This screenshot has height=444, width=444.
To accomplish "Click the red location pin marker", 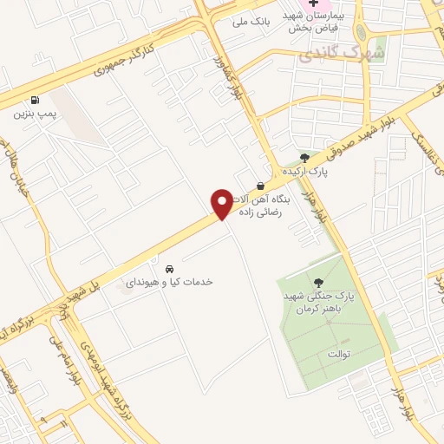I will coord(222,204).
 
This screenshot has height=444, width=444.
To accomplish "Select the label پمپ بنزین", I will coord(35,114).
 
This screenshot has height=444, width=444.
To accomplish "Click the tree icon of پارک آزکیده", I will coord(304,157).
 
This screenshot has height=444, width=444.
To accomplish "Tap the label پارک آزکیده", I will coord(308,172).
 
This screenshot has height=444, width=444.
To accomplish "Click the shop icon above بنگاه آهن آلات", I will coord(260,186).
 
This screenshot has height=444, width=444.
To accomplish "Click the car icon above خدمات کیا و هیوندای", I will coord(169,267).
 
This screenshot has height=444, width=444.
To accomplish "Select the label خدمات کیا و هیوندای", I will coord(170,282).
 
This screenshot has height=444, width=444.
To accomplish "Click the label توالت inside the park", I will coord(338,354).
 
